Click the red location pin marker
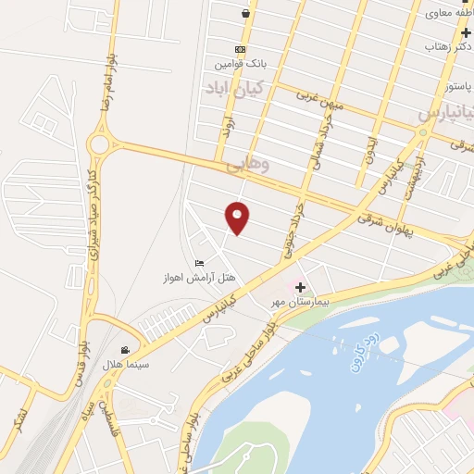(x=239, y=217)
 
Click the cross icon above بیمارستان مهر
(x=299, y=287)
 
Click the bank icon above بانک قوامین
(x=240, y=49)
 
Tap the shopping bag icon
(x=243, y=14)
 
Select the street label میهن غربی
(x=320, y=99)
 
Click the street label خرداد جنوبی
(x=295, y=228)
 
